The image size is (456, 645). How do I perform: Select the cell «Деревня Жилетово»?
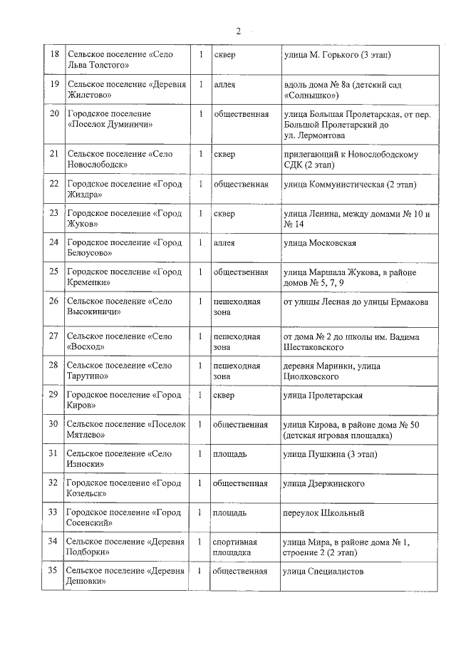pyautogui.click(x=126, y=89)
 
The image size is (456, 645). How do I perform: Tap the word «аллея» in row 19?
pyautogui.click(x=224, y=84)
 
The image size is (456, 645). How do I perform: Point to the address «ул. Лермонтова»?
pyautogui.click(x=313, y=135)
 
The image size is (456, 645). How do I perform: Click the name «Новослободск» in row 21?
pyautogui.click(x=97, y=164)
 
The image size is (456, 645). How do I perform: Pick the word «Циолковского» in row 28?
pyautogui.click(x=313, y=376)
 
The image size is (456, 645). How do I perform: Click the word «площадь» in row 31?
pyautogui.click(x=230, y=454)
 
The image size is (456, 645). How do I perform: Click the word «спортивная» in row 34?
pyautogui.click(x=236, y=542)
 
